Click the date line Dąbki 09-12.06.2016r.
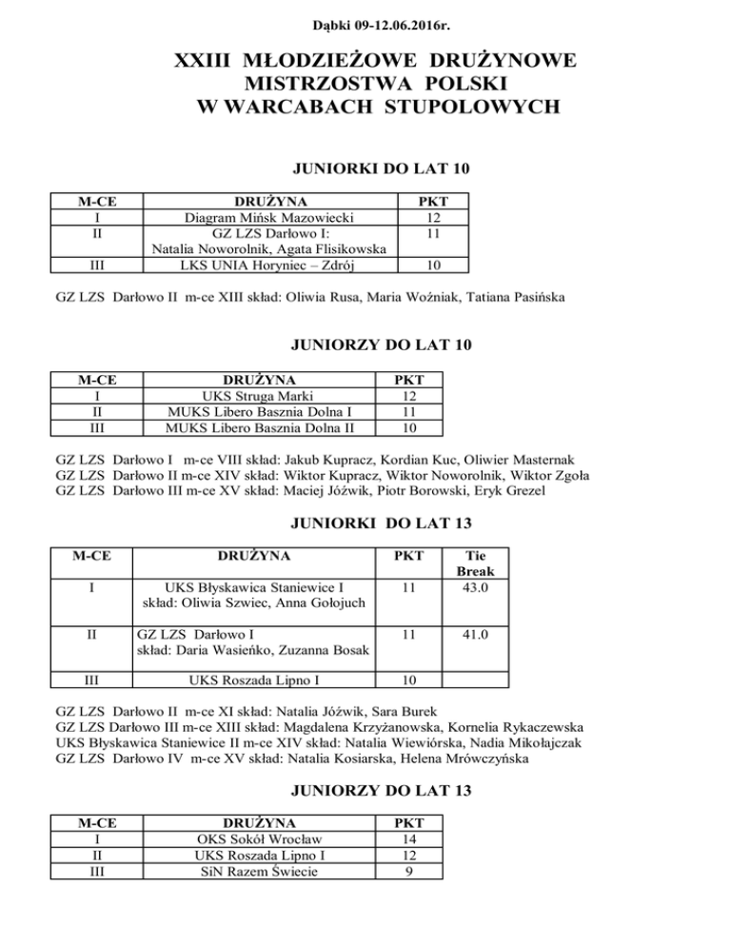pos(365,16)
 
